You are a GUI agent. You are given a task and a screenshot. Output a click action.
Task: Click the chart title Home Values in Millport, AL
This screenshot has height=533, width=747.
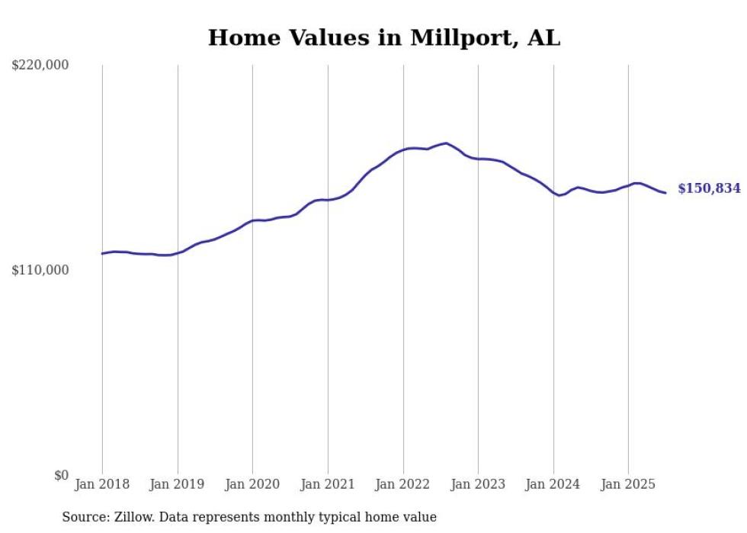384,38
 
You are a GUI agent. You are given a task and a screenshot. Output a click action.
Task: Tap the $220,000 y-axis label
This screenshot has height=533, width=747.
40,66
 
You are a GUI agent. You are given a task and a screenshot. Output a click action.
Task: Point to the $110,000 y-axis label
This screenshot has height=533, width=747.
40,270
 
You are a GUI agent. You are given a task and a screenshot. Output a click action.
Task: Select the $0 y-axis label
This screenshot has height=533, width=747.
61,475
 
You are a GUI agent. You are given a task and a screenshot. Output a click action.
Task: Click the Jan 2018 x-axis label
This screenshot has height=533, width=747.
102,484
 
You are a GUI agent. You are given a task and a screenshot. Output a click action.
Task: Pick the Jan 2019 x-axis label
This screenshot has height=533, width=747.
178,484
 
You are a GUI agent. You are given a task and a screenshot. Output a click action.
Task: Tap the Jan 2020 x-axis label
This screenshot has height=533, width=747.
252,484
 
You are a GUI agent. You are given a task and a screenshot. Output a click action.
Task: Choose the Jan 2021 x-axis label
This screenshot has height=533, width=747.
328,484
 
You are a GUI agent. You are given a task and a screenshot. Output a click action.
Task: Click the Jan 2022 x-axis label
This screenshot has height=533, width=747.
403,484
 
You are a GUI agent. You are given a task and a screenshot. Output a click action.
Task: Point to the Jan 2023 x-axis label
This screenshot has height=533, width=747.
478,484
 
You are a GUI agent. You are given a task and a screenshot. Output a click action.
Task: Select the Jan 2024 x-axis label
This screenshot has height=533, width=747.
553,484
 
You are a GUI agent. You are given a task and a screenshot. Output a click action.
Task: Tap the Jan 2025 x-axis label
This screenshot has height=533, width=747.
628,484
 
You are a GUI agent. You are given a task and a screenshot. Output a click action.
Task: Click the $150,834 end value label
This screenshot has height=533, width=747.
709,188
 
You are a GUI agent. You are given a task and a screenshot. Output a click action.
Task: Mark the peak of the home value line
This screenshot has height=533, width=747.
446,143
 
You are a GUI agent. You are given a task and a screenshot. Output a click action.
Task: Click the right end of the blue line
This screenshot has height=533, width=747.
665,193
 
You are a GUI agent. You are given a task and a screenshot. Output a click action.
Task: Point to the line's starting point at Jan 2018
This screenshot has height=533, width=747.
102,253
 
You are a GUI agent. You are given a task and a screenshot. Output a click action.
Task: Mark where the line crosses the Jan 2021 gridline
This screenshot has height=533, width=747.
328,200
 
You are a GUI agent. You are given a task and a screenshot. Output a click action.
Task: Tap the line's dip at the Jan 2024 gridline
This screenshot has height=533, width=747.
559,195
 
